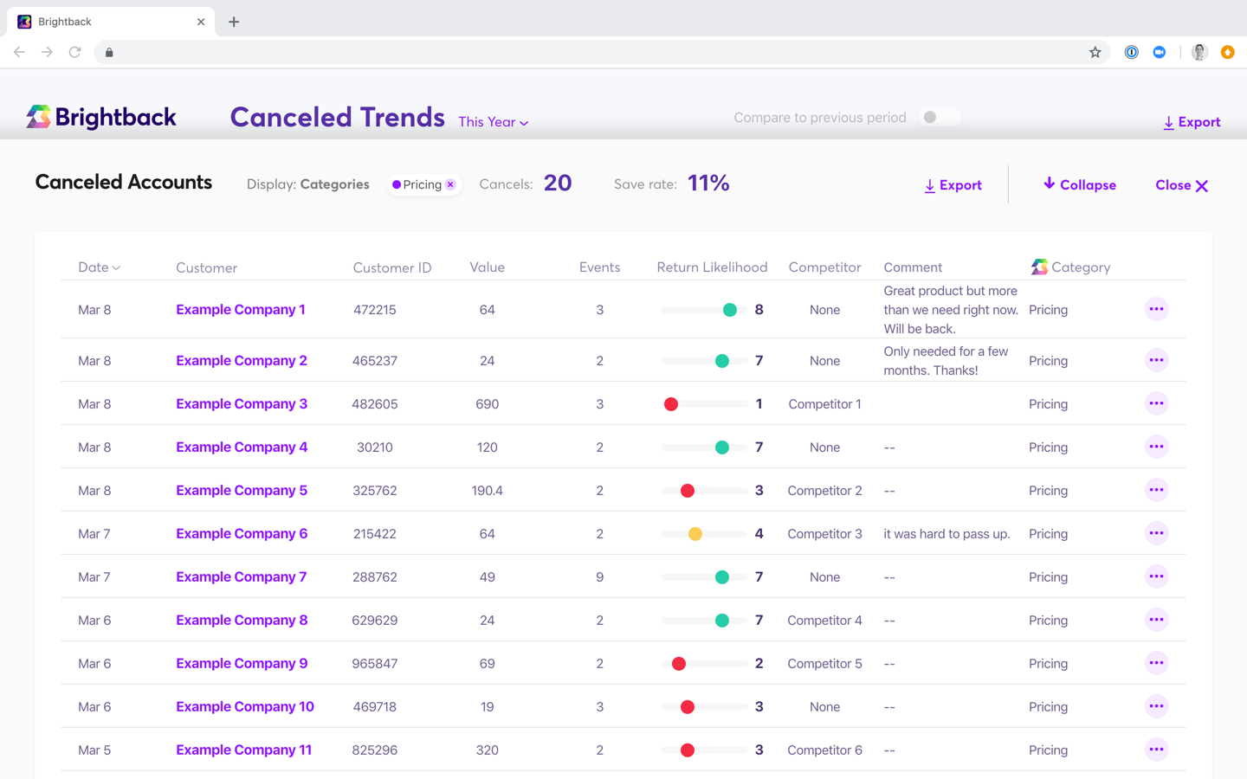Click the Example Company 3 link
(241, 404)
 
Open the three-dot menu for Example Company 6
(1156, 533)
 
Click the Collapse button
(1079, 185)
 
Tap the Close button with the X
(1181, 185)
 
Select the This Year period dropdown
(493, 122)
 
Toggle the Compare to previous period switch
(939, 118)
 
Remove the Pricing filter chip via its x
(450, 184)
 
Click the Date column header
(99, 267)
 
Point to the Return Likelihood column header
(712, 267)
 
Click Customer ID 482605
(374, 404)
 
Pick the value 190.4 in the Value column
(487, 491)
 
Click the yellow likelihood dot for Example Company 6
(695, 534)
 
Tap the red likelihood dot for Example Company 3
(671, 404)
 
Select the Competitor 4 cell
(824, 621)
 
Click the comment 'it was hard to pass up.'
(947, 534)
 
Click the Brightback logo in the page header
(101, 117)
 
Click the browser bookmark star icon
(1095, 53)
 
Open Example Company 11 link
(243, 750)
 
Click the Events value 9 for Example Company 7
(599, 577)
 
